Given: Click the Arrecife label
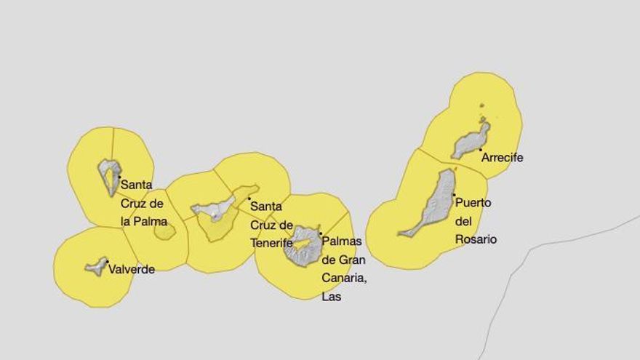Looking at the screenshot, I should [x=503, y=157].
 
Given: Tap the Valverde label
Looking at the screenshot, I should [x=132, y=269].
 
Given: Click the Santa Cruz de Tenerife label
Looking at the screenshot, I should [x=271, y=225].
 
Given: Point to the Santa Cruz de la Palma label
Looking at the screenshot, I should [x=143, y=203].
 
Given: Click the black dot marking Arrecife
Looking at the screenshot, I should [x=481, y=150].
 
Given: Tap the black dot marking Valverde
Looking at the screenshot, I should [x=107, y=262].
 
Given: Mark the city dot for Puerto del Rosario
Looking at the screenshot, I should [x=455, y=195].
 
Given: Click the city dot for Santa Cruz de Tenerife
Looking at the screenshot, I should [x=249, y=199].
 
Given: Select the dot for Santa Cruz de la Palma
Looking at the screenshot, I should [x=119, y=177].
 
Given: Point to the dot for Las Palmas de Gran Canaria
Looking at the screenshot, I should [x=320, y=233].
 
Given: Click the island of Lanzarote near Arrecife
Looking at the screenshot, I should [x=470, y=141].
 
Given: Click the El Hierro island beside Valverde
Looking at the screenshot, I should [x=96, y=267].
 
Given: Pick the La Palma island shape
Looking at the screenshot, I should [x=109, y=175].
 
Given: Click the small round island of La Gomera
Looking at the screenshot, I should [x=165, y=232].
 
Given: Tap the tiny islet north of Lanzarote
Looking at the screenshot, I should [x=481, y=119].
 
